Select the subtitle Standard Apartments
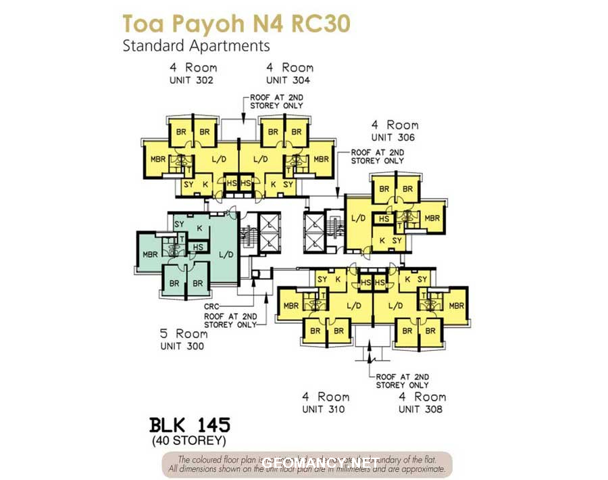(x=196, y=46)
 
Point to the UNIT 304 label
(x=288, y=80)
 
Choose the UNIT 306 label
(x=393, y=137)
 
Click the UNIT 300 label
(x=182, y=346)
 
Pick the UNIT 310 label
(x=324, y=409)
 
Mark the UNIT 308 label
(x=420, y=409)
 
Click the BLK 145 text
(x=189, y=425)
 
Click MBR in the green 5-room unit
(x=151, y=255)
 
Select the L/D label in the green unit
(x=226, y=255)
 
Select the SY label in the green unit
(x=180, y=224)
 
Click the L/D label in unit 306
(x=358, y=218)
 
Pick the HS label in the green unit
(x=199, y=247)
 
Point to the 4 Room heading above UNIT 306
(x=395, y=125)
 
